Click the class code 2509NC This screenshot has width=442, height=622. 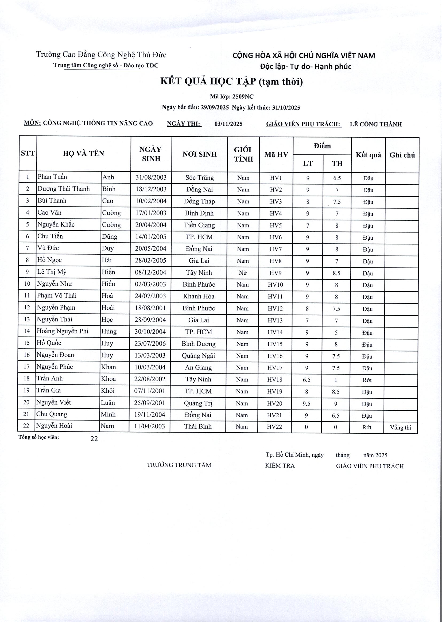point(243,97)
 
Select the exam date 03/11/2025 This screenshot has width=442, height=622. point(228,124)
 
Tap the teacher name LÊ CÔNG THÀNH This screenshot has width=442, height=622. point(375,124)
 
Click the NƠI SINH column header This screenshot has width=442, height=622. point(200,154)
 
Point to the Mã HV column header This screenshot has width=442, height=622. point(276,154)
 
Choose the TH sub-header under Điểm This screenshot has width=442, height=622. point(337,164)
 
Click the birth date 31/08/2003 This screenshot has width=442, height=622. point(151,178)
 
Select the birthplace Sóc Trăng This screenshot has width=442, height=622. point(200,178)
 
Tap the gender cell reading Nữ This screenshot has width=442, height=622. point(243,273)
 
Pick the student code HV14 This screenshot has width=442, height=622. point(275,332)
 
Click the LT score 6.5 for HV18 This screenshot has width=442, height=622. point(307,380)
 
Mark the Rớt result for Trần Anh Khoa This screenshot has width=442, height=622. point(367,380)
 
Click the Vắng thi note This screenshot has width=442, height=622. point(400,427)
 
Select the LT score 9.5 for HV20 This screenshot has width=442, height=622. point(307,404)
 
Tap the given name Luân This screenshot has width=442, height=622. point(108,403)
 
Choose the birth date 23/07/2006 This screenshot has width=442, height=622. point(150,344)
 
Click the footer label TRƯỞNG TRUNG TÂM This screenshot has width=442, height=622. point(179,465)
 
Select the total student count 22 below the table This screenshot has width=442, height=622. point(94,439)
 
